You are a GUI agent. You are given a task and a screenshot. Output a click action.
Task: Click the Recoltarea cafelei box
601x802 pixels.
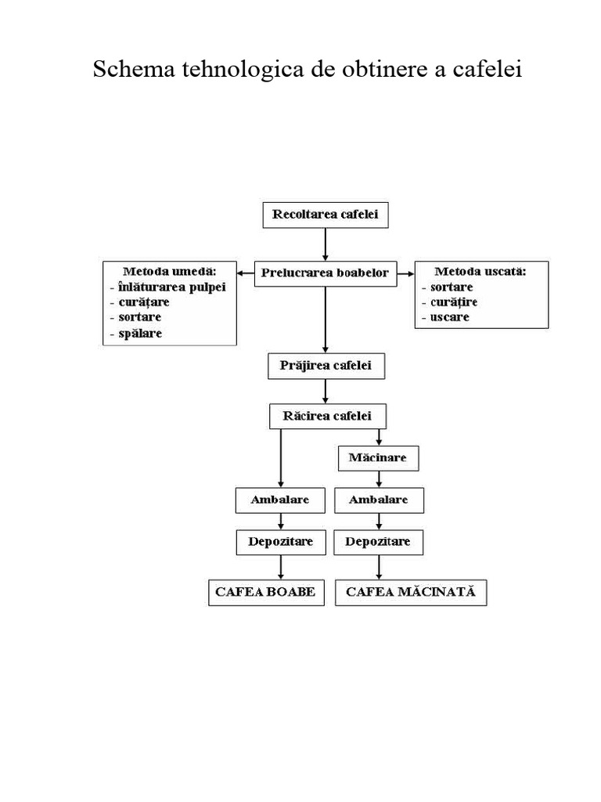(325, 215)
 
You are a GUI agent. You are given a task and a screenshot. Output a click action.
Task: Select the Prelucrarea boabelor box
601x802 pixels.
(326, 273)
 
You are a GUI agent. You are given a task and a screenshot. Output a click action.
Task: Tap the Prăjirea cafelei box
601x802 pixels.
(326, 365)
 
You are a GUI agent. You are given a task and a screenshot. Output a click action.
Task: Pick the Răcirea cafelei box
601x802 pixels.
(327, 415)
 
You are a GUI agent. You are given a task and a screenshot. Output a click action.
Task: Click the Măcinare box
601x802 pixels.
(379, 457)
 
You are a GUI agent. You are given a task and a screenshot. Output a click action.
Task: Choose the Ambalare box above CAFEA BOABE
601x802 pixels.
(280, 500)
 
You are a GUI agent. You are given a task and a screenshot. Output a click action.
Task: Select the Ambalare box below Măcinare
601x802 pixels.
(379, 500)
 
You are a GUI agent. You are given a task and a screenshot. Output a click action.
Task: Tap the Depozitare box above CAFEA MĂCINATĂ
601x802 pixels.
(379, 541)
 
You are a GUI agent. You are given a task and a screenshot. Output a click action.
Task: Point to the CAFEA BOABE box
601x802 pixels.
(265, 592)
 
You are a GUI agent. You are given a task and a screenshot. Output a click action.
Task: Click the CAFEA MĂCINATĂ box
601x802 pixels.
(410, 592)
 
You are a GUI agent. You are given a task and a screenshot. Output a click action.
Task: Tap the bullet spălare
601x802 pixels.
(141, 333)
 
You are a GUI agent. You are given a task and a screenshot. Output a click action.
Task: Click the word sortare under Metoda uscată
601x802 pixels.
(452, 287)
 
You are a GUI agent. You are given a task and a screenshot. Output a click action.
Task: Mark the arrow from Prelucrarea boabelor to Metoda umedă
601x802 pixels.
(247, 273)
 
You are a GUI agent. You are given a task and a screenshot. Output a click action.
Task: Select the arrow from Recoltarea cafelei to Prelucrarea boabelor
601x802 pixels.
(326, 244)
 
